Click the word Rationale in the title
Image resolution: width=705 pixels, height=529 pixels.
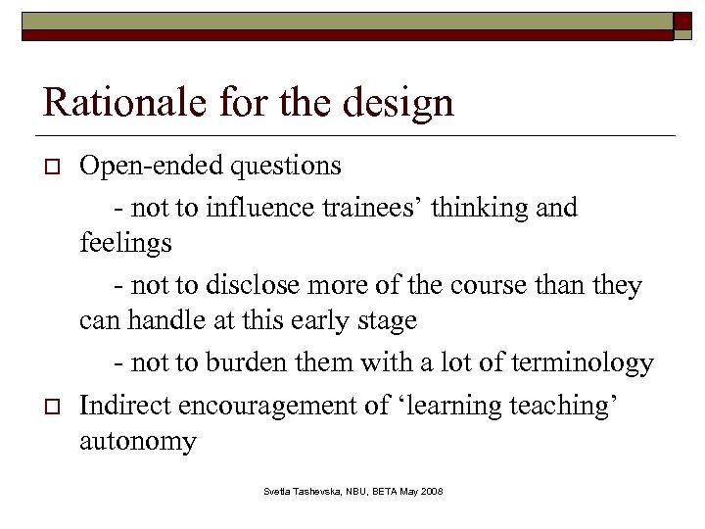click(x=106, y=101)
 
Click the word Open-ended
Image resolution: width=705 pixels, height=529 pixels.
click(x=152, y=166)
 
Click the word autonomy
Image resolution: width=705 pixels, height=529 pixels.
click(x=137, y=441)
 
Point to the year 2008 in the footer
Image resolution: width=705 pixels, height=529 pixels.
click(x=430, y=489)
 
